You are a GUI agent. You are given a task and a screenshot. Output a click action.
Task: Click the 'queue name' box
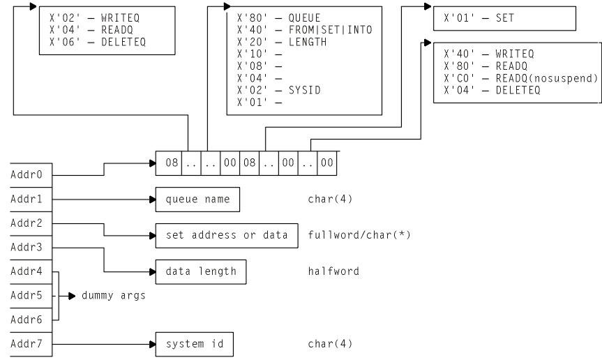coord(197,199)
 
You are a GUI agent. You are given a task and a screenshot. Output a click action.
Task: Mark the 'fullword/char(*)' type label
coord(359,234)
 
